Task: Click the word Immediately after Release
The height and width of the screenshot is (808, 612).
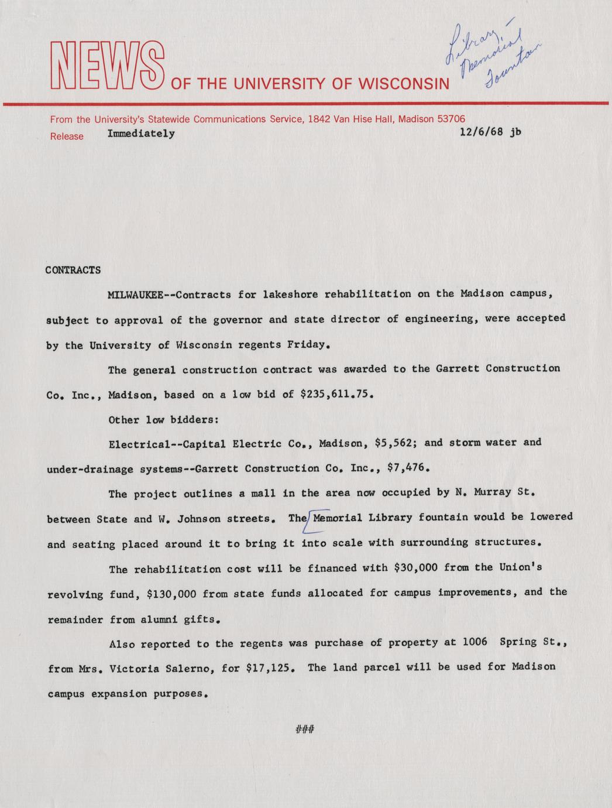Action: (x=141, y=133)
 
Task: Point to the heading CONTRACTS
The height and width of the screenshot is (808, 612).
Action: (x=73, y=271)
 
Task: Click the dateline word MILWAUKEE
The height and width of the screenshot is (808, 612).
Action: (x=135, y=295)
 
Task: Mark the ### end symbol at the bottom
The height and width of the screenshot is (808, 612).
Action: (x=305, y=730)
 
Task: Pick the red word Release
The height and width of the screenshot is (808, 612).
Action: (x=67, y=136)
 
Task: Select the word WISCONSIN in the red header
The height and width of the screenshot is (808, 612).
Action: (x=404, y=84)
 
